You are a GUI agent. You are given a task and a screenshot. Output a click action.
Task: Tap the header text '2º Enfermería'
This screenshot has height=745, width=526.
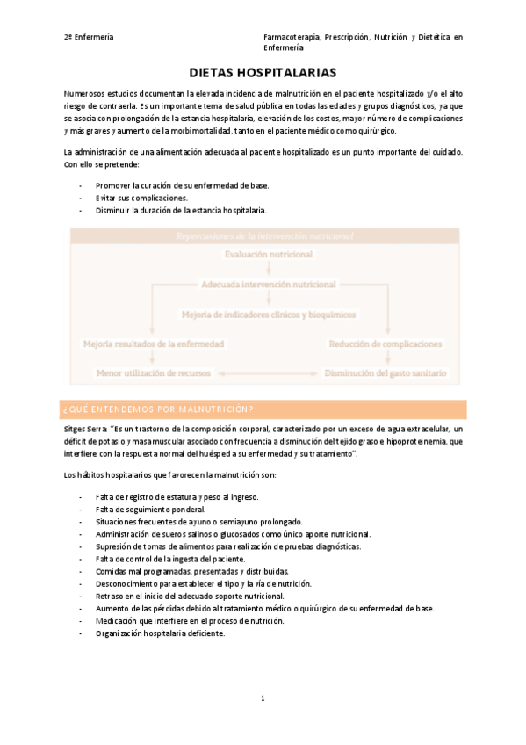pyautogui.click(x=88, y=38)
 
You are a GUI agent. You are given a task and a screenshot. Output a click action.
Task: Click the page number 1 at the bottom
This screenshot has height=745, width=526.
pyautogui.click(x=263, y=698)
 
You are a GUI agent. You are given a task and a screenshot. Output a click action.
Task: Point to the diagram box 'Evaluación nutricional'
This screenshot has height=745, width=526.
pyautogui.click(x=268, y=254)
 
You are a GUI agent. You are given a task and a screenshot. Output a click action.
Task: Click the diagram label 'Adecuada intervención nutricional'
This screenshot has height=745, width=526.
pyautogui.click(x=268, y=285)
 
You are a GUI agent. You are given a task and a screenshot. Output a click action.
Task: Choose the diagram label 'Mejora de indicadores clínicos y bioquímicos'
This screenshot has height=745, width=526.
pyautogui.click(x=268, y=314)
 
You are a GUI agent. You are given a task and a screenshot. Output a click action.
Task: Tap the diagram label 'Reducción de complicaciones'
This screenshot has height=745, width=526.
pyautogui.click(x=385, y=344)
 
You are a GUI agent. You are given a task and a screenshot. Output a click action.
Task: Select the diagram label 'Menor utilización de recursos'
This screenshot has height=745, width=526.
pyautogui.click(x=154, y=373)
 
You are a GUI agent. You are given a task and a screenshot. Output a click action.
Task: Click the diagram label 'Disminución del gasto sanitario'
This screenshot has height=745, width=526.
pyautogui.click(x=386, y=373)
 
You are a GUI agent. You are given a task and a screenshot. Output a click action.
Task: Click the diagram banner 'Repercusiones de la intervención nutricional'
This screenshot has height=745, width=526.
pyautogui.click(x=264, y=235)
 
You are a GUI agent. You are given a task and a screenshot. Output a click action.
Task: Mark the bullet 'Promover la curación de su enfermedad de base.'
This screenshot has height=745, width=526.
pyautogui.click(x=182, y=186)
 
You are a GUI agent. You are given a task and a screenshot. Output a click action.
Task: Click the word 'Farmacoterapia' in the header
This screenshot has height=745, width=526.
pyautogui.click(x=291, y=38)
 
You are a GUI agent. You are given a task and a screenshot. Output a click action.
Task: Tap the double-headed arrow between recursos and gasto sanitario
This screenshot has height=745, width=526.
pyautogui.click(x=267, y=373)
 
